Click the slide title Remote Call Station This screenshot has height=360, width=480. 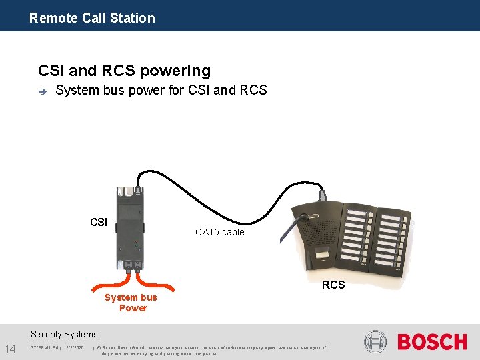click(x=92, y=18)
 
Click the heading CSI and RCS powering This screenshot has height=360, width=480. click(x=124, y=71)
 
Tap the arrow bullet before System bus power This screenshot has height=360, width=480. click(x=41, y=91)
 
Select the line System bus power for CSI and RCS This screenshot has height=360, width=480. click(x=161, y=90)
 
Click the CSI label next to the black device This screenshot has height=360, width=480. click(x=98, y=222)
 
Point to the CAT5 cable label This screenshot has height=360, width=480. click(x=219, y=232)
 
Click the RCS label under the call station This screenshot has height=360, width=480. click(x=333, y=285)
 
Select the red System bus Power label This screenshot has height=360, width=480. click(x=131, y=303)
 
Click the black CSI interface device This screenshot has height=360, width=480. click(x=131, y=227)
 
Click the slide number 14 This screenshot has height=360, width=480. click(x=10, y=347)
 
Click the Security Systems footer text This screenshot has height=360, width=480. click(x=64, y=334)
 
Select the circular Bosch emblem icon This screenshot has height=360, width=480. click(x=375, y=342)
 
